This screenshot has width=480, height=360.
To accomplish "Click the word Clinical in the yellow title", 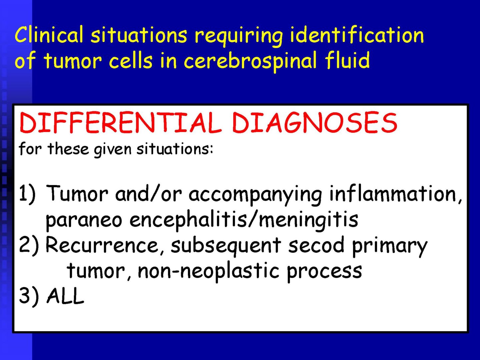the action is (x=49, y=34).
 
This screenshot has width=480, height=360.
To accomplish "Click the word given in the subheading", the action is (x=113, y=150).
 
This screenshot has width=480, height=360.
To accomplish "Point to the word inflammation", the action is (x=395, y=194).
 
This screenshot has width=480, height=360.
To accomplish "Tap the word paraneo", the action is (x=84, y=221).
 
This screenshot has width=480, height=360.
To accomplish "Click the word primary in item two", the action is (x=389, y=247).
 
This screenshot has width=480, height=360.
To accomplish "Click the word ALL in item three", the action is (x=65, y=296).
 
